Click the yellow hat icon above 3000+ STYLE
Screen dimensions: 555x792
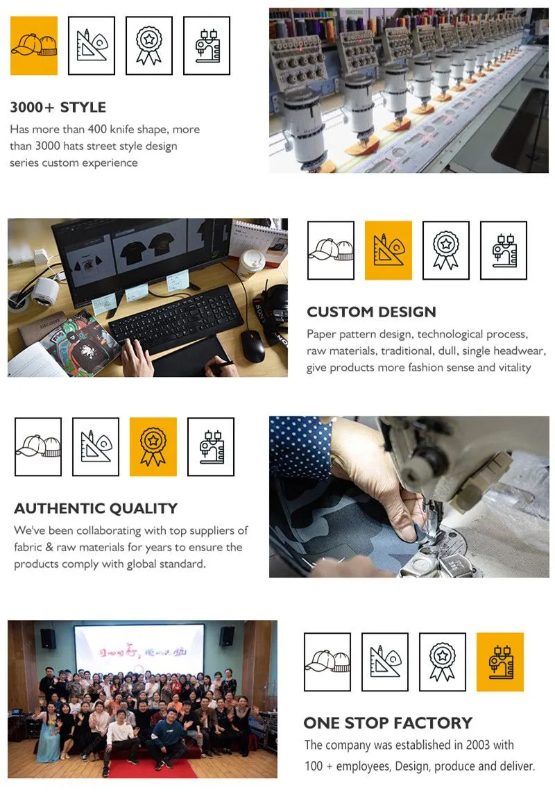[34, 45]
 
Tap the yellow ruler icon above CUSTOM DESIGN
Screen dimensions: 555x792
[388, 250]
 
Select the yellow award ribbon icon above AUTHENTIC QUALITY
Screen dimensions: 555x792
[153, 446]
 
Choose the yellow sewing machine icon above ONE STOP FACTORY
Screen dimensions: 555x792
[500, 662]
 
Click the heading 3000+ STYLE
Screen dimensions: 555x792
[58, 107]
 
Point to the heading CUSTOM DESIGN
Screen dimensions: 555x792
[371, 312]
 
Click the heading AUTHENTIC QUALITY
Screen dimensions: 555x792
[96, 508]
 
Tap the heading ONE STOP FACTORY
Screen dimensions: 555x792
[388, 723]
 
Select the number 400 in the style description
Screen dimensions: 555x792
[97, 129]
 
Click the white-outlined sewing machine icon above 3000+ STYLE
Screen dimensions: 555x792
[207, 45]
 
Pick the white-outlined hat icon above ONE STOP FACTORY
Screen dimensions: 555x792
[327, 662]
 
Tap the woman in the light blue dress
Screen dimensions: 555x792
[49, 737]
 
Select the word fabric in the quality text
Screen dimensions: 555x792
[28, 547]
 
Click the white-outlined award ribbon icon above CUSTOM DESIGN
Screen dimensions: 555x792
[446, 250]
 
